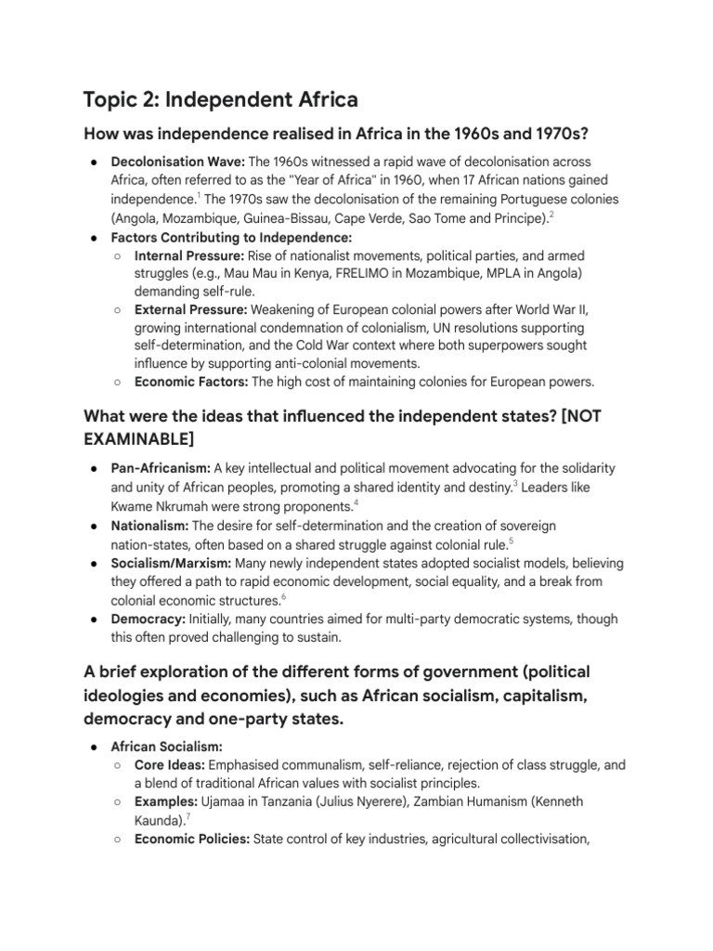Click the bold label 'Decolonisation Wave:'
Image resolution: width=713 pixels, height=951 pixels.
point(178,162)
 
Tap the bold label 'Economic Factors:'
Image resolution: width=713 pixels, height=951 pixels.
point(191,381)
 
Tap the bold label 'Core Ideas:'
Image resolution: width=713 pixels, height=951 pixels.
point(169,765)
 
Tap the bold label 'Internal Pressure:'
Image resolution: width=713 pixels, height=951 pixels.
point(188,254)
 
